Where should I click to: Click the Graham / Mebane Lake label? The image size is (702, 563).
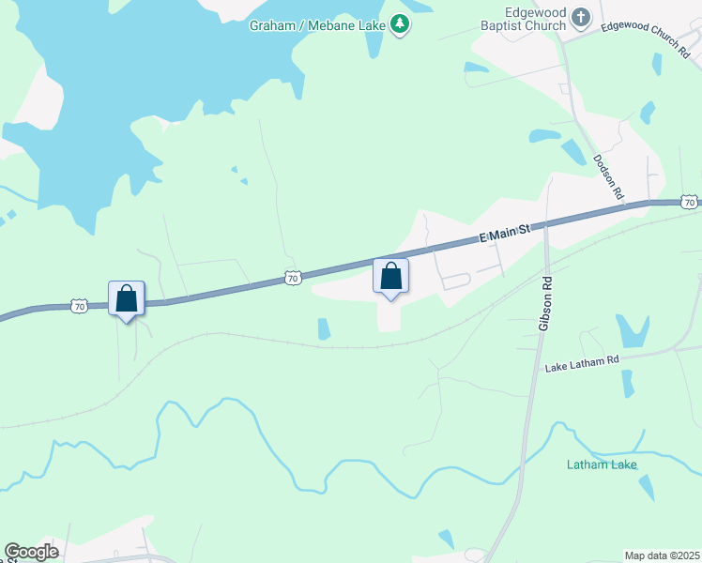point(318,25)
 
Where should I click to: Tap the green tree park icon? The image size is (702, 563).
point(401,23)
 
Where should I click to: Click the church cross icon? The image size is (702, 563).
point(582,16)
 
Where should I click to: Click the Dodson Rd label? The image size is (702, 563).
point(609,176)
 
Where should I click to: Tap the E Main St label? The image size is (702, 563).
point(505,232)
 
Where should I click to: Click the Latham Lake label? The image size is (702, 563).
point(602,464)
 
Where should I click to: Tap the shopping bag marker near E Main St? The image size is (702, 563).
point(391,277)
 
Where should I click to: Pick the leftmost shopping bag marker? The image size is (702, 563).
point(126,299)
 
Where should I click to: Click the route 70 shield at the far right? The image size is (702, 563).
point(690,202)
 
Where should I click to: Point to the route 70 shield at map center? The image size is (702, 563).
point(293,279)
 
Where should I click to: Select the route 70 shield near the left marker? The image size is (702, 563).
point(79,306)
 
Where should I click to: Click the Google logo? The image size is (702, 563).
point(31,552)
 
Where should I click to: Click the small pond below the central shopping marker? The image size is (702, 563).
point(324,329)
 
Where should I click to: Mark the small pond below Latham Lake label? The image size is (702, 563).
point(647,487)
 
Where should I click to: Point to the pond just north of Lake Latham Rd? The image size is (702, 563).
point(631,330)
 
